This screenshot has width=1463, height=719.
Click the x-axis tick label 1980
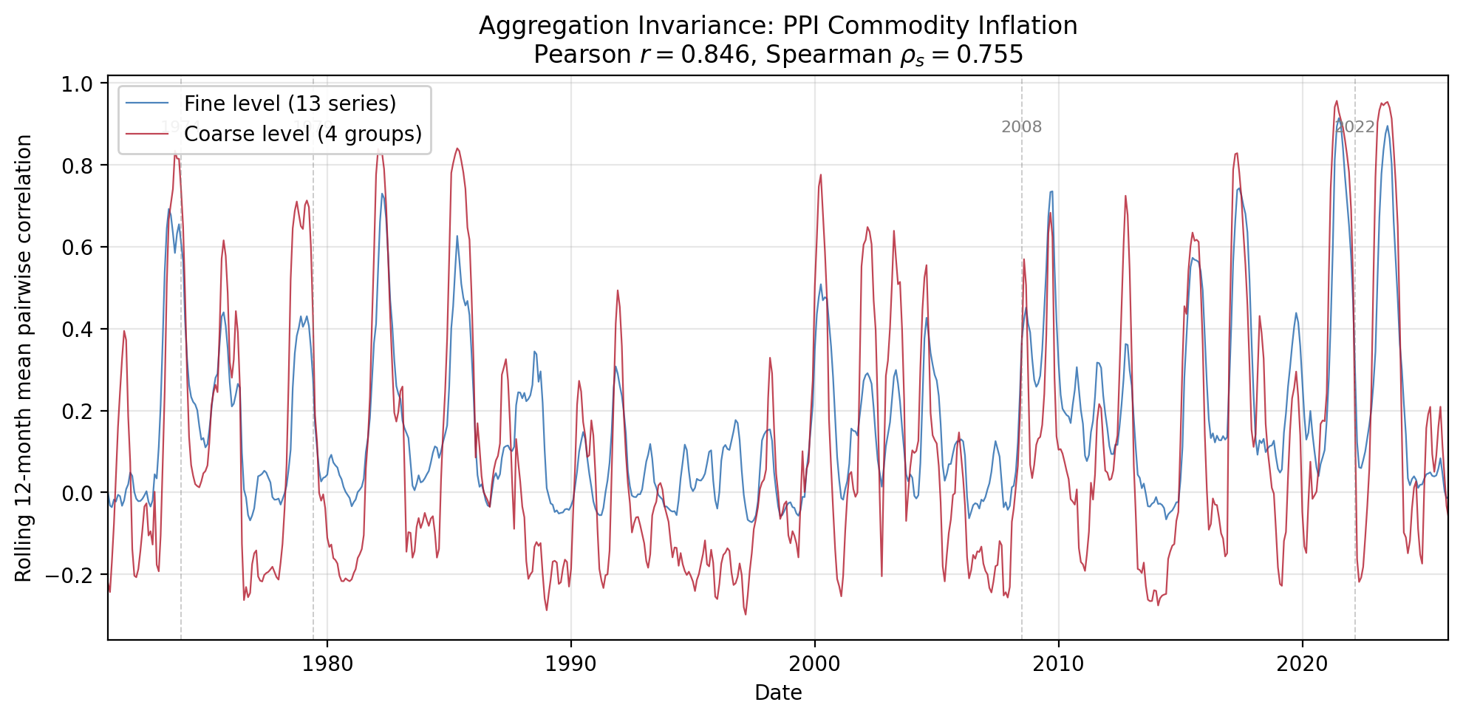(x=327, y=664)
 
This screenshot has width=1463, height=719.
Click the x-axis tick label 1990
(x=570, y=664)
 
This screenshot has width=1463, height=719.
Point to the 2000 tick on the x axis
(x=814, y=664)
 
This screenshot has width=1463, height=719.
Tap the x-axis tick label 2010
(x=1058, y=664)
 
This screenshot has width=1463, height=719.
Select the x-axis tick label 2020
(x=1302, y=664)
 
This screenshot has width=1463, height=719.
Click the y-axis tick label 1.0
(x=77, y=84)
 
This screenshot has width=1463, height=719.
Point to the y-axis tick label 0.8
(x=77, y=166)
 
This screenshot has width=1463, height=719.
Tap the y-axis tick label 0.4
(x=77, y=329)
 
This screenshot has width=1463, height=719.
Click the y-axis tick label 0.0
(x=77, y=493)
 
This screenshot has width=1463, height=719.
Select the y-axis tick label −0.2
(x=70, y=575)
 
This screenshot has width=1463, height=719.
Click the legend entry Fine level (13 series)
(x=290, y=103)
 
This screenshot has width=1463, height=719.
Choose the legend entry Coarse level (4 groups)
(x=302, y=134)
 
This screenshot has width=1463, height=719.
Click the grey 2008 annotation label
(x=1021, y=127)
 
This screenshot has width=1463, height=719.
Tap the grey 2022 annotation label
(x=1354, y=127)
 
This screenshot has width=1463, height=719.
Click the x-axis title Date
(x=778, y=693)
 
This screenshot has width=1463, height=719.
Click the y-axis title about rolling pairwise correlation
(x=24, y=358)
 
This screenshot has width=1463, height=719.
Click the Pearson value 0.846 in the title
(x=715, y=55)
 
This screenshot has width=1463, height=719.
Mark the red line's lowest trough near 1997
(x=745, y=614)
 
